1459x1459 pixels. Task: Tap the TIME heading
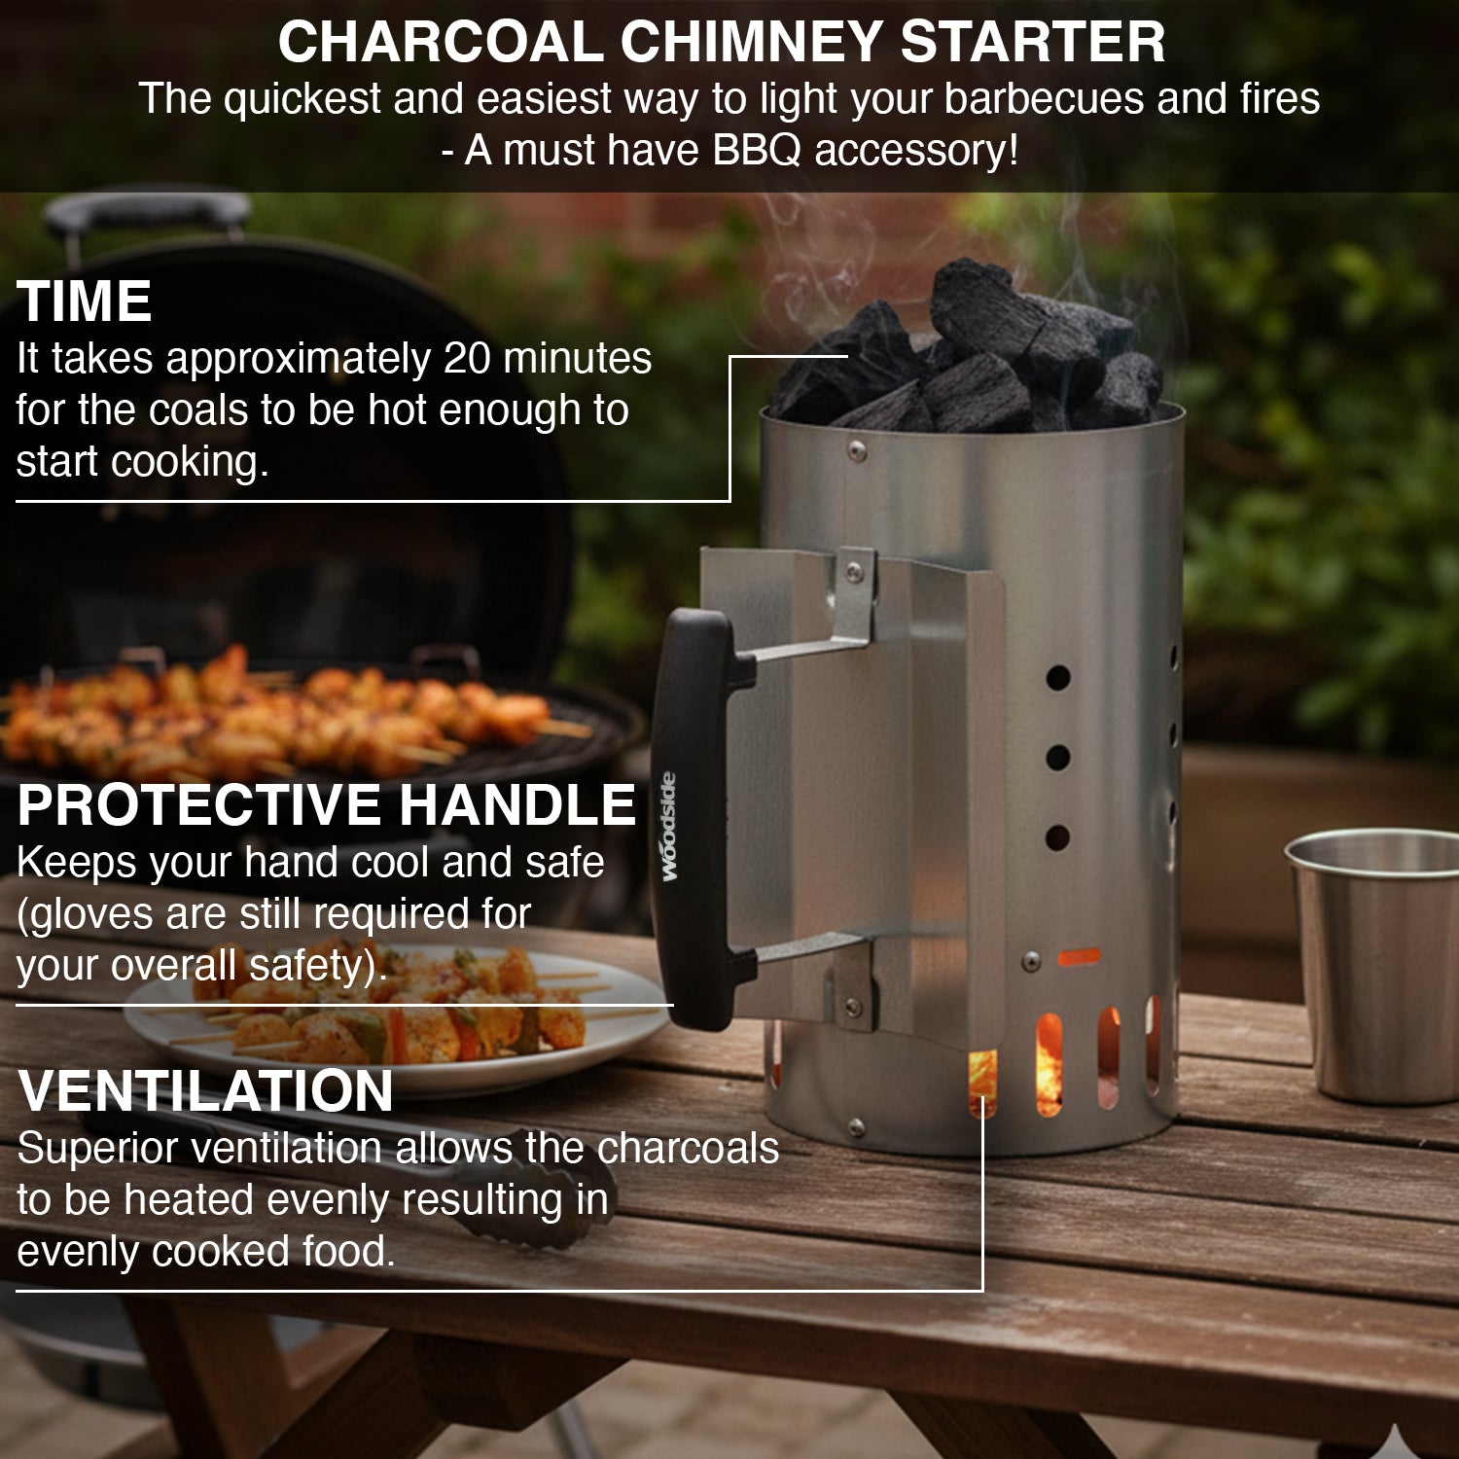85,301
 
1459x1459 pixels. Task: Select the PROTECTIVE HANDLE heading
327,804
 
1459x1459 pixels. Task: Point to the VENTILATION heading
205,1090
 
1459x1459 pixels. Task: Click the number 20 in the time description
469,359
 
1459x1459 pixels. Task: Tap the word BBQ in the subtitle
758,151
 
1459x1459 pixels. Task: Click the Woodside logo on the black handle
669,827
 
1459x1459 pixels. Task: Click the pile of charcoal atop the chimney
973,355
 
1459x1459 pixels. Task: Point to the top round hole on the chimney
1058,678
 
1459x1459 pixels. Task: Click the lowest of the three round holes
1057,837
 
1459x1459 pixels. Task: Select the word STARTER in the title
1033,42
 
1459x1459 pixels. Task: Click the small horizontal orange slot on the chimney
1079,958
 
